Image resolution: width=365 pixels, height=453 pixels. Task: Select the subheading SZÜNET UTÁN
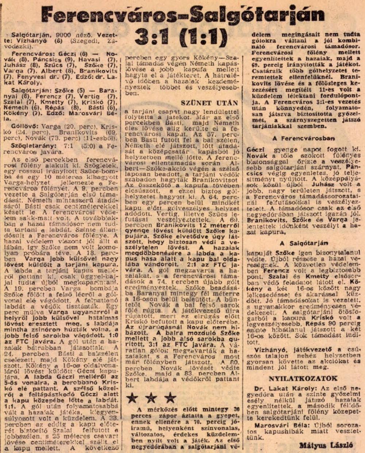click(x=209, y=103)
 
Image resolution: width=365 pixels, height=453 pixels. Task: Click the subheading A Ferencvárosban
click(x=303, y=139)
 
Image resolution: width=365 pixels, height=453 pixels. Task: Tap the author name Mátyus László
click(x=326, y=445)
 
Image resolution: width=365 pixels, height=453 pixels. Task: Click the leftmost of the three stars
click(x=132, y=398)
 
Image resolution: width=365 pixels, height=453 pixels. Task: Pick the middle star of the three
click(x=151, y=398)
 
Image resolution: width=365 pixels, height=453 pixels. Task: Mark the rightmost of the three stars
click(x=170, y=398)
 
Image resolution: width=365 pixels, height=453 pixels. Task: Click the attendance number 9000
click(x=64, y=35)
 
